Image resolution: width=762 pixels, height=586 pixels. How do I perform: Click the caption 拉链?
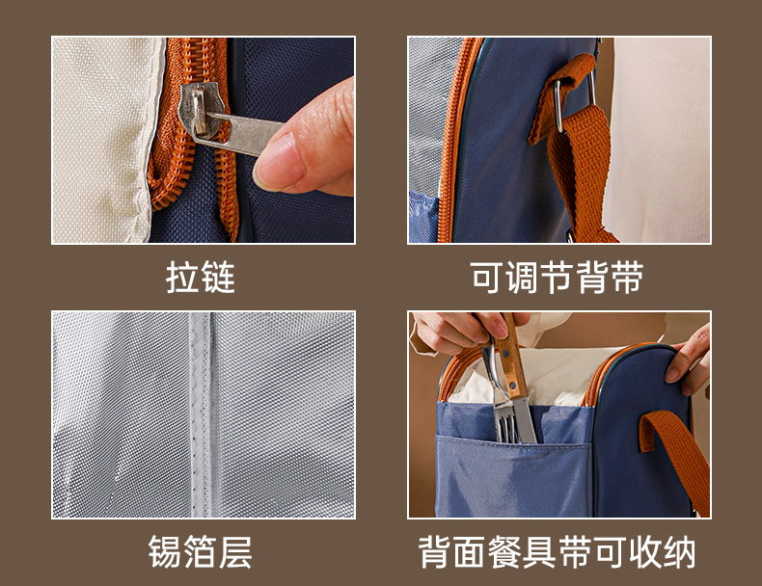point(201,278)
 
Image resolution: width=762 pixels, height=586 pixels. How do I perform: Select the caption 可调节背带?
point(557,278)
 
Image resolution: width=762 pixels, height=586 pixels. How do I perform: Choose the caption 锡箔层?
point(201,552)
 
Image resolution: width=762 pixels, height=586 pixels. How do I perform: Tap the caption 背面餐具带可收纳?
point(557,552)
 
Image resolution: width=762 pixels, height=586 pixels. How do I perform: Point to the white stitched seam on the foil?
point(201,415)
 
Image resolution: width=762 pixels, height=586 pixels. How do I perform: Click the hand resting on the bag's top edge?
point(689,360)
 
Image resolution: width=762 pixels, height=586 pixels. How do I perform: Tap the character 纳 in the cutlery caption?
point(679,552)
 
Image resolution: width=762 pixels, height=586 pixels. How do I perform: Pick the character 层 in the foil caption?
point(235,552)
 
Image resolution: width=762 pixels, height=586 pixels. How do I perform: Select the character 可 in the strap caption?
point(487,278)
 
